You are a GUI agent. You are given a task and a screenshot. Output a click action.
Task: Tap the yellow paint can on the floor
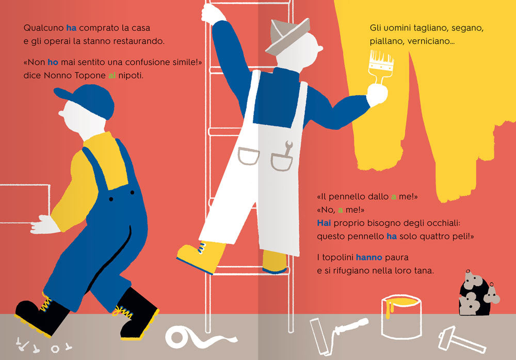coord(401,316)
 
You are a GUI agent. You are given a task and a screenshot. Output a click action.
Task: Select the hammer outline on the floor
coord(461,340)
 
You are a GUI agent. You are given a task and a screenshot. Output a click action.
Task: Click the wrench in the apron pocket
coord(288,148)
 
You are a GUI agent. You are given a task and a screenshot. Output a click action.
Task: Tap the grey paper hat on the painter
coord(287,35)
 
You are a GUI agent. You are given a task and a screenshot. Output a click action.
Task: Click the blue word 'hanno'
coord(369,257)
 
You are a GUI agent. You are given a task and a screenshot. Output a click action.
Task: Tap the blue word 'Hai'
coord(324,223)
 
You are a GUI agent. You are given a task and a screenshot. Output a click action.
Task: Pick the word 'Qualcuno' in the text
coord(44,28)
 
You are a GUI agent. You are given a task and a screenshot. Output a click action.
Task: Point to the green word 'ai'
coord(112,75)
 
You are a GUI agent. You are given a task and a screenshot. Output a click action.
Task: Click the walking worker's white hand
coord(44,225)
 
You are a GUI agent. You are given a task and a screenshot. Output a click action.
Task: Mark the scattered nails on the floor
coord(43,345)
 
